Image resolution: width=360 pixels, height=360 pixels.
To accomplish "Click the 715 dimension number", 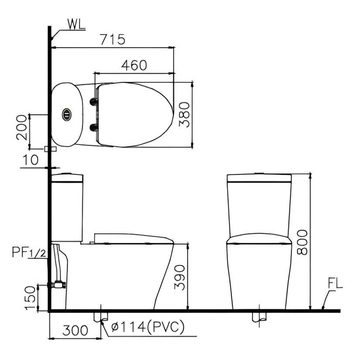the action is (x=113, y=40).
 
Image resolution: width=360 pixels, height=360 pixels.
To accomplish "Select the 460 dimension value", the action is (x=134, y=65).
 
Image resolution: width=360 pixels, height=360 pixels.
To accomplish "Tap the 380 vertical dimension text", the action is (x=184, y=115).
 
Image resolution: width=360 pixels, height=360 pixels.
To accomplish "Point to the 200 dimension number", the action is (x=22, y=127).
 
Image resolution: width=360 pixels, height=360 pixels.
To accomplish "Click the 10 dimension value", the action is (x=30, y=160).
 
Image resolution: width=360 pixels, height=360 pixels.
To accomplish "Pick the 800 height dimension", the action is (x=302, y=242).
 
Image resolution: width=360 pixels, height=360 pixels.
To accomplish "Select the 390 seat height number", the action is (x=179, y=277).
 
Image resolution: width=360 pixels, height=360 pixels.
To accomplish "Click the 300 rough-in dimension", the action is (x=75, y=330).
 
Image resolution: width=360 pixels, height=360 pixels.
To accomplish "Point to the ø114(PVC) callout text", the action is (x=148, y=327).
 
